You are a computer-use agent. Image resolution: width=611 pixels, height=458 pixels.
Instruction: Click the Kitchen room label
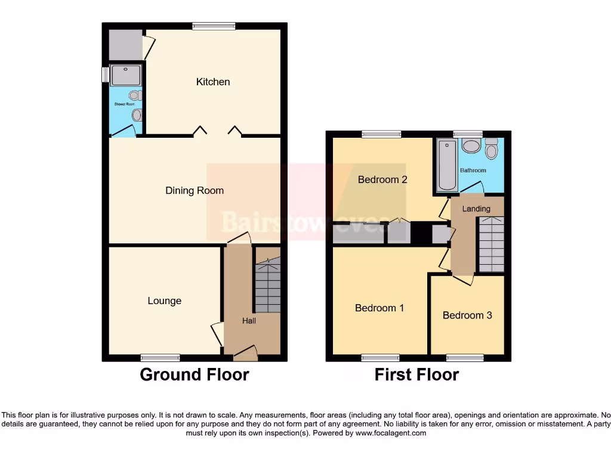[213, 82]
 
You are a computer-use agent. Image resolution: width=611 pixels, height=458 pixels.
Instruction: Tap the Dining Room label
[195, 191]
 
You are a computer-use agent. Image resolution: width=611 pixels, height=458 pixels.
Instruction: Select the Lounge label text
[165, 301]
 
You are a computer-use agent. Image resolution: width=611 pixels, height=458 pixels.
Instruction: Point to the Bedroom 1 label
[379, 308]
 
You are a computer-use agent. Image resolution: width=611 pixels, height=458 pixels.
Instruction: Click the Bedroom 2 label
[382, 180]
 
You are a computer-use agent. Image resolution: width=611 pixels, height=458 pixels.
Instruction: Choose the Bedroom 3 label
[467, 315]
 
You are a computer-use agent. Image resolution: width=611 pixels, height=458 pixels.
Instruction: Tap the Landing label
[476, 209]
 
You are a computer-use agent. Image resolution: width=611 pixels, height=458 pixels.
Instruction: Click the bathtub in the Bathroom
[445, 165]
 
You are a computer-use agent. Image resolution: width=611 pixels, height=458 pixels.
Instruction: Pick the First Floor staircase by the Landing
[491, 245]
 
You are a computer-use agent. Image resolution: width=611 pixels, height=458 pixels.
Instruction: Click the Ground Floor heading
[194, 375]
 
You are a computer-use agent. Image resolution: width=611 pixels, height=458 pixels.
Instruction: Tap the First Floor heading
[416, 375]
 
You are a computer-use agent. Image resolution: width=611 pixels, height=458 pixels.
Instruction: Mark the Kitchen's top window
[214, 26]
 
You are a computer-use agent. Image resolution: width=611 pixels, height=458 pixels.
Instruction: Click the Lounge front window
[161, 358]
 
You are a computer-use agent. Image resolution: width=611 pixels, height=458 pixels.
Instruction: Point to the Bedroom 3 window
[465, 358]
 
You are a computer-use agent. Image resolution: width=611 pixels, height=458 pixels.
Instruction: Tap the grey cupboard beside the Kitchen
[125, 45]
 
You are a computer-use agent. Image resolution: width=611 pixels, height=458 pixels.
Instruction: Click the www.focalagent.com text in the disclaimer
[390, 434]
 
